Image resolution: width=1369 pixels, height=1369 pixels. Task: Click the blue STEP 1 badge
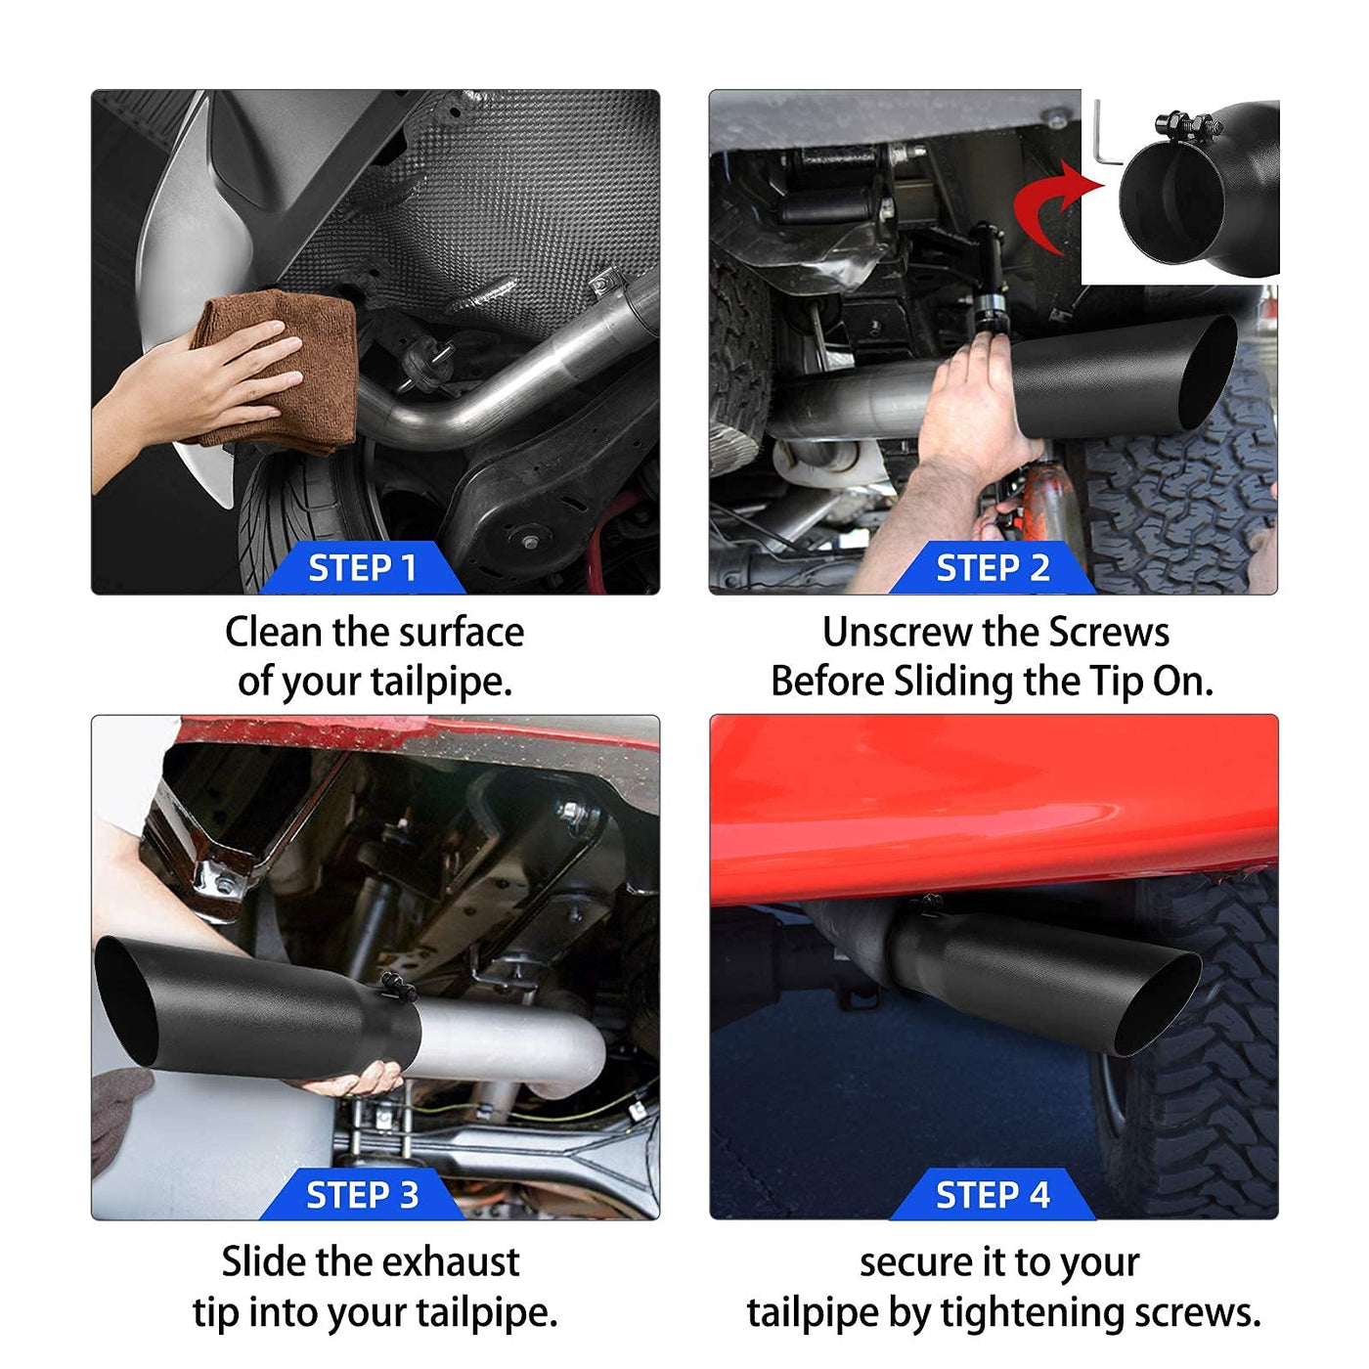pyautogui.click(x=363, y=567)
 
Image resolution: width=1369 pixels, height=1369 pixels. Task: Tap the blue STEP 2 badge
pyautogui.click(x=992, y=567)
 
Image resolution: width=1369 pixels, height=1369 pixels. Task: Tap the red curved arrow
pyautogui.click(x=1052, y=207)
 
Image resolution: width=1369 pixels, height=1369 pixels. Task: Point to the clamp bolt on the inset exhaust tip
pyautogui.click(x=1188, y=126)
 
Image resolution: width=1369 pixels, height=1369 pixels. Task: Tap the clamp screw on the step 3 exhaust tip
pyautogui.click(x=398, y=986)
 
